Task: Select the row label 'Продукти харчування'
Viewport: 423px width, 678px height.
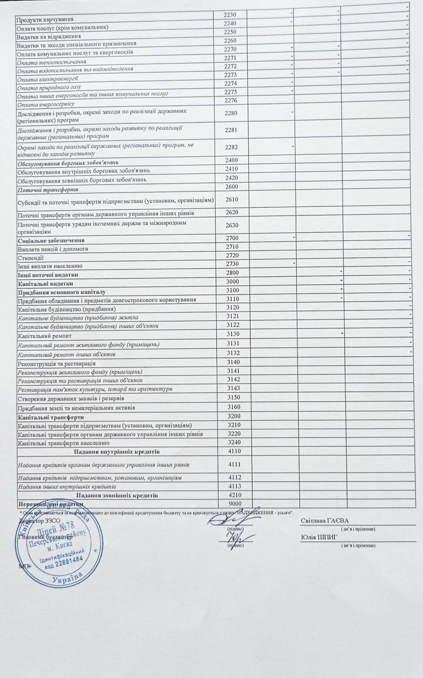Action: (x=45, y=19)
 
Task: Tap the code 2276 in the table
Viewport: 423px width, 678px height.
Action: (x=230, y=100)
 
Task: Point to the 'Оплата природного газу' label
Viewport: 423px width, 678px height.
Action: (x=49, y=87)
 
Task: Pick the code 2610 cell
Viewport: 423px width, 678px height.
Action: (x=232, y=199)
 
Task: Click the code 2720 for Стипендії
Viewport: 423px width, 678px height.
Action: (x=232, y=255)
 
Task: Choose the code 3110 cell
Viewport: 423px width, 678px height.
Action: (x=233, y=299)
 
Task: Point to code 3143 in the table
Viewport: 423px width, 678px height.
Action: (x=234, y=388)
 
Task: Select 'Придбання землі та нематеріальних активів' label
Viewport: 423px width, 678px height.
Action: (x=76, y=408)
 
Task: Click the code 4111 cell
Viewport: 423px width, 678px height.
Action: (x=235, y=464)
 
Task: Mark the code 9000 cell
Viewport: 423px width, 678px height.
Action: (x=235, y=503)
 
